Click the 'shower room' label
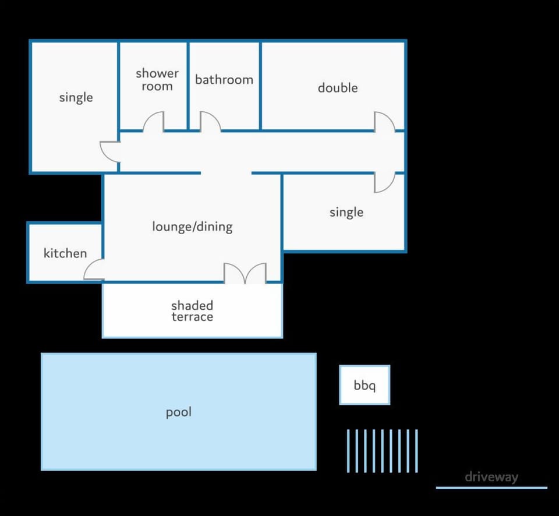tap(157, 80)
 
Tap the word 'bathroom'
tap(224, 79)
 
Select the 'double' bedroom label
tap(338, 87)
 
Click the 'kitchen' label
tap(65, 253)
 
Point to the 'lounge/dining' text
tap(192, 227)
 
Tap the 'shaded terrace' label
tap(192, 311)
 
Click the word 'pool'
tap(179, 412)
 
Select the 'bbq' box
tap(365, 385)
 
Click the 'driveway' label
tap(491, 477)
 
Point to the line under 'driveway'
tap(491, 488)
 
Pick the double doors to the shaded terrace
tap(245, 274)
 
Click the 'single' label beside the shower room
tap(76, 97)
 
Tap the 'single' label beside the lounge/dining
tap(346, 213)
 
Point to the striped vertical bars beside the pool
tap(382, 451)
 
